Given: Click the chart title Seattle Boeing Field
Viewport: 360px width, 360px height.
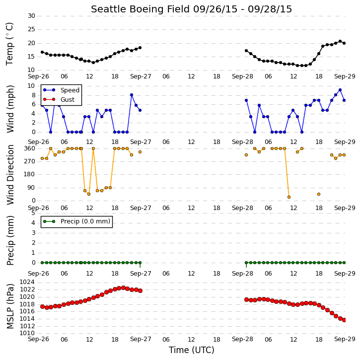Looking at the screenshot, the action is pos(141,9).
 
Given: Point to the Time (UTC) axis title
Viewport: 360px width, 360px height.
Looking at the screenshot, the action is pos(192,350).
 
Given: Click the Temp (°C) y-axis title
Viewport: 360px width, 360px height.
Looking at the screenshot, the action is pos(9,44).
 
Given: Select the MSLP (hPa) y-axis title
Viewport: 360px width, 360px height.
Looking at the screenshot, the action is pos(10,306).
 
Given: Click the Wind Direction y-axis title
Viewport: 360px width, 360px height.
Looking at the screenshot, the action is pos(10,175).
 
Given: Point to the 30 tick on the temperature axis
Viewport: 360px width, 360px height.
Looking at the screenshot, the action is pos(31,16).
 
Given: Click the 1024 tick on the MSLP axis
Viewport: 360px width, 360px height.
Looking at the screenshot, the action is pos(27,282).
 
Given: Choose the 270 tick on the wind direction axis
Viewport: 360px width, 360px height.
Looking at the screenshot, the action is pos(30,161).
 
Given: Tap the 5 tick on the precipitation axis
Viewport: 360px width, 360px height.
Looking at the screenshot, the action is pos(33,213).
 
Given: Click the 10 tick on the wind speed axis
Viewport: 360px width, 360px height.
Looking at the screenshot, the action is pos(31,86).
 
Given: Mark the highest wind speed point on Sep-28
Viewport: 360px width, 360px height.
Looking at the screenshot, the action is pos(340,90).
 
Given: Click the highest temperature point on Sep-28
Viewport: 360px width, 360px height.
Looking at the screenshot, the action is pos(340,41).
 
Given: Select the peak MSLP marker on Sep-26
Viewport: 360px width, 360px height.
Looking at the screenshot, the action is pos(123,288).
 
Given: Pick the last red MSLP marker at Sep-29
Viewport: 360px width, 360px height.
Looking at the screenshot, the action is pos(344,320).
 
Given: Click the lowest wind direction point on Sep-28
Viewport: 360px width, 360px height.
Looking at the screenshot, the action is pos(289,197).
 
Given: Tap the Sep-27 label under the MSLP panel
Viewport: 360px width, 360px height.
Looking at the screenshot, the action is pos(141,339).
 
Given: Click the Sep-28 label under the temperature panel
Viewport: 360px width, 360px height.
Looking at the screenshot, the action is pos(242,76).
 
